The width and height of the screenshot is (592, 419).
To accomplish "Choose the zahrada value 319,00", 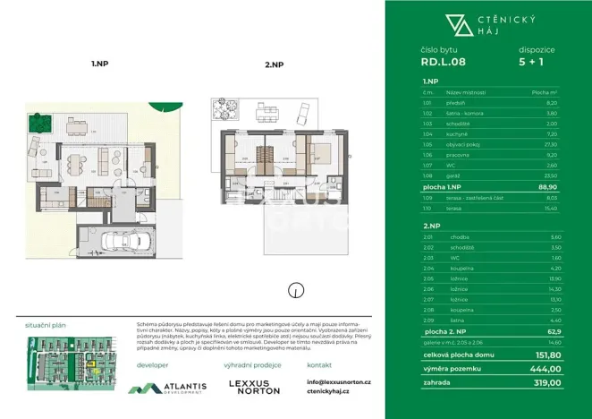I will (x=547, y=382).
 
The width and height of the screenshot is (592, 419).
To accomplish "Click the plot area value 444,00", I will (x=547, y=368).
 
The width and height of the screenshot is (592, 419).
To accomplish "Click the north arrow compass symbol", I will (x=294, y=289).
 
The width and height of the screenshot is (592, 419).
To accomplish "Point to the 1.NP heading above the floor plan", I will (x=99, y=64).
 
